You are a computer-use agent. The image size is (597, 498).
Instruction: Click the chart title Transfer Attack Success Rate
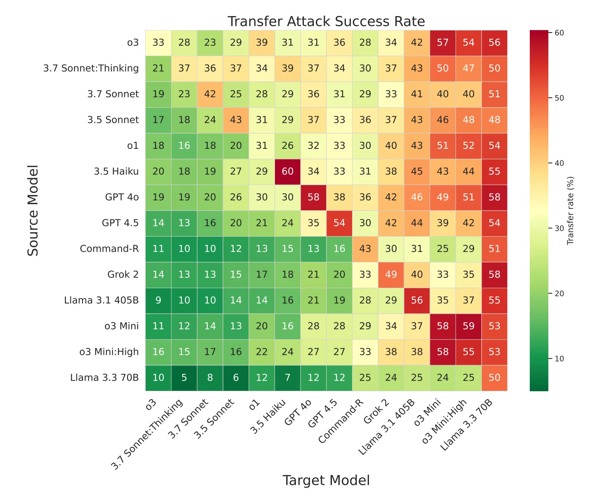point(326,21)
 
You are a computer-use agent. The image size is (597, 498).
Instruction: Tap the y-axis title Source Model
point(33,210)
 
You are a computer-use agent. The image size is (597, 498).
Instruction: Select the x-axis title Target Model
point(326,480)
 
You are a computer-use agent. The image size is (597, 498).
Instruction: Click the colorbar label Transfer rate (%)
point(571,211)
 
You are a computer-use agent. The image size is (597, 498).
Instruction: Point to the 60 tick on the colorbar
point(559,33)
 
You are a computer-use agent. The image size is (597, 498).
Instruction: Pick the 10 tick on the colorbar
point(559,359)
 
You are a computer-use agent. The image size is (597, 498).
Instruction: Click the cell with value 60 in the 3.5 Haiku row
point(288,171)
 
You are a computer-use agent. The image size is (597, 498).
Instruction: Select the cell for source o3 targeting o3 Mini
point(443,42)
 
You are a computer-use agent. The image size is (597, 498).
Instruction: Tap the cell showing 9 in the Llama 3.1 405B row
point(158,301)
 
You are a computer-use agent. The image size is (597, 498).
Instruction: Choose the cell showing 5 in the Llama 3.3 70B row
point(184,378)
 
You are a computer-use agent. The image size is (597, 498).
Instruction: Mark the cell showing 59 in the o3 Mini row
point(468,326)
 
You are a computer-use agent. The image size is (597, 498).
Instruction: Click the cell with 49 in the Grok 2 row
point(391,275)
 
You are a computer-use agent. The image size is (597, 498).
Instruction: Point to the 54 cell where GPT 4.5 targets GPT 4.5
point(339,223)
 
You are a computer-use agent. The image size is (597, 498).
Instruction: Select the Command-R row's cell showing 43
point(365,249)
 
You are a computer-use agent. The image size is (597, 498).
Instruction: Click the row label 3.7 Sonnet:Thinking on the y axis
point(91,68)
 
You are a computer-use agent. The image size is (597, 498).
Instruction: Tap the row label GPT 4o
point(122,197)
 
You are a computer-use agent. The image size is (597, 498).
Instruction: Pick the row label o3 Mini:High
point(109,352)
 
